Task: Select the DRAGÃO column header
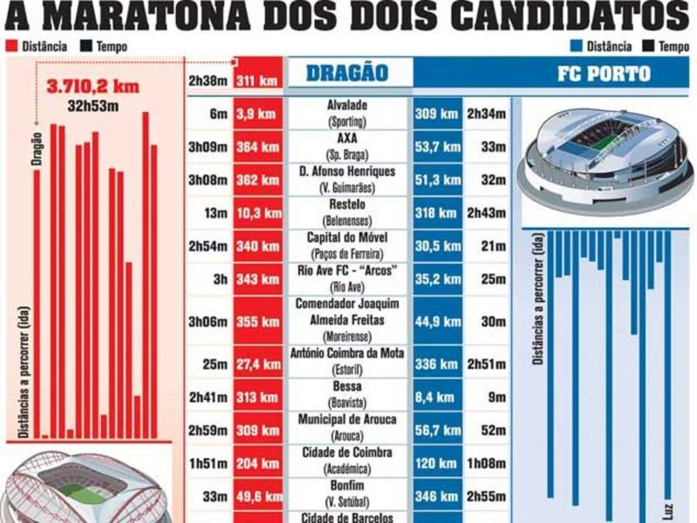[347, 73]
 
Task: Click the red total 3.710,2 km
[92, 86]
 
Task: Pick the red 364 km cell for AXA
[257, 147]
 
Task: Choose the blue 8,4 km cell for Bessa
[435, 397]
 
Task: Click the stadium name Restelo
[347, 205]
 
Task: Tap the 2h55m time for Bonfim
[486, 497]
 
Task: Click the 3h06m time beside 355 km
[208, 322]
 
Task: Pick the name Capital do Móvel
[347, 238]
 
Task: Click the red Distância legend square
[11, 46]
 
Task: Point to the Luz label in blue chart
[668, 509]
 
